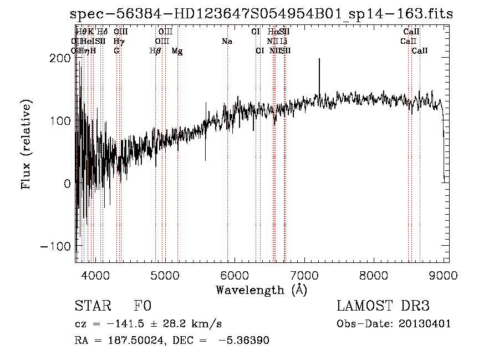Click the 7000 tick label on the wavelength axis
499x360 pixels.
pyautogui.click(x=304, y=275)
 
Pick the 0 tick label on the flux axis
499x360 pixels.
pyautogui.click(x=67, y=184)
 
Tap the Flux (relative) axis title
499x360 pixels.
pyautogui.click(x=26, y=144)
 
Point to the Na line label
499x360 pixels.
pyautogui.click(x=226, y=42)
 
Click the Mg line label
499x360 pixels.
pyautogui.click(x=177, y=51)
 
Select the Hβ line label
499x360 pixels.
pyautogui.click(x=155, y=51)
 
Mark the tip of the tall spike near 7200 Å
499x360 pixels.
pyautogui.click(x=319, y=59)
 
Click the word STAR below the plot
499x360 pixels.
pyautogui.click(x=93, y=306)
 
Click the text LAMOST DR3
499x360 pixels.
pyautogui.click(x=383, y=306)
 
